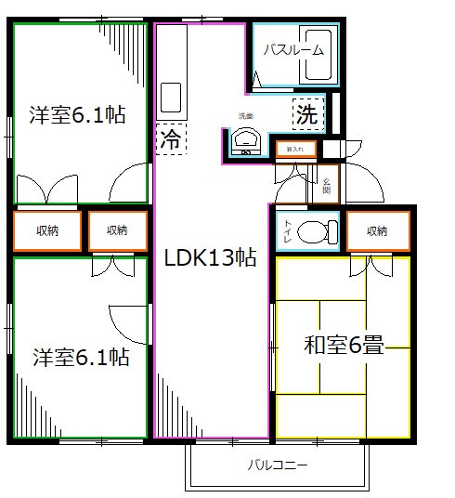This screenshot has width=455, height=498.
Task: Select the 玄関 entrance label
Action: [x=326, y=184]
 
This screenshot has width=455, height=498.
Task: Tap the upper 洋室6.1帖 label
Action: [x=78, y=116]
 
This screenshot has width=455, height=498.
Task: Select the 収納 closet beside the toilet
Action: [x=376, y=230]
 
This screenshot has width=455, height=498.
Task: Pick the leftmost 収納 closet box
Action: [x=46, y=230]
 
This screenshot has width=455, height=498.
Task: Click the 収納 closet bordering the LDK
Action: [x=117, y=230]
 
